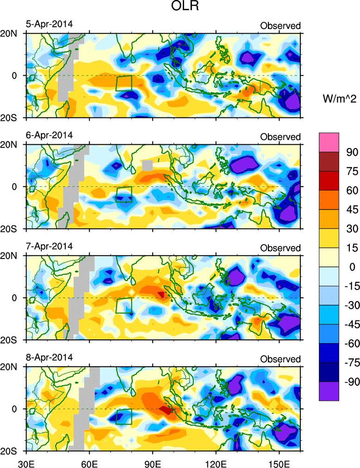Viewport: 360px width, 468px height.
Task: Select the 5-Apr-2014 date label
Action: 49,24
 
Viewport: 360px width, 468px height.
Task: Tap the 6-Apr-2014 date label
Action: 49,135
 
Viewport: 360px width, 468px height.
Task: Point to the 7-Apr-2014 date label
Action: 49,246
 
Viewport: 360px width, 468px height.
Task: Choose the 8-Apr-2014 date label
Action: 49,358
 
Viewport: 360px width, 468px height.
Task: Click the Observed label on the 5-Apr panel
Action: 280,26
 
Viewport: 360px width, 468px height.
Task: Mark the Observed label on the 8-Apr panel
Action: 280,359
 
